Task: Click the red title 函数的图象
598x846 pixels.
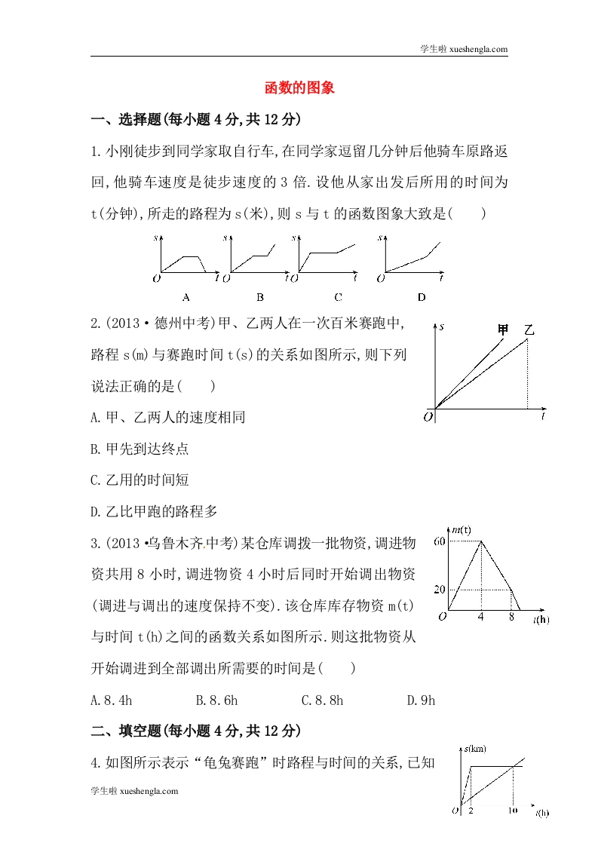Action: point(299,88)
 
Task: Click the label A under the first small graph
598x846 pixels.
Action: point(186,296)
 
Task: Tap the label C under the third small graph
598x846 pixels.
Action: point(338,296)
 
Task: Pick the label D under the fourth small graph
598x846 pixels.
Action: point(422,296)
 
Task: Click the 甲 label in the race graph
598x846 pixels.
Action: point(504,330)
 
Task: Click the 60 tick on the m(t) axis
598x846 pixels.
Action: point(440,541)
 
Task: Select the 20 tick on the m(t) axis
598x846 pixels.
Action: point(440,589)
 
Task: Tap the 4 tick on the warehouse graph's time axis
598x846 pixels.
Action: point(481,618)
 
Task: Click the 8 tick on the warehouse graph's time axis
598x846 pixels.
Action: point(511,618)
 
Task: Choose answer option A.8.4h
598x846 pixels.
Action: point(112,700)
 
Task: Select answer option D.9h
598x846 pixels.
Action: point(422,700)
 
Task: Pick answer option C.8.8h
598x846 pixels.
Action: point(322,700)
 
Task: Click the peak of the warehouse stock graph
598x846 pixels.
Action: point(481,541)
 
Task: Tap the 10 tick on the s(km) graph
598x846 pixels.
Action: point(513,811)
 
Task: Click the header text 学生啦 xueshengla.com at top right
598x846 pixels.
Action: point(463,49)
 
